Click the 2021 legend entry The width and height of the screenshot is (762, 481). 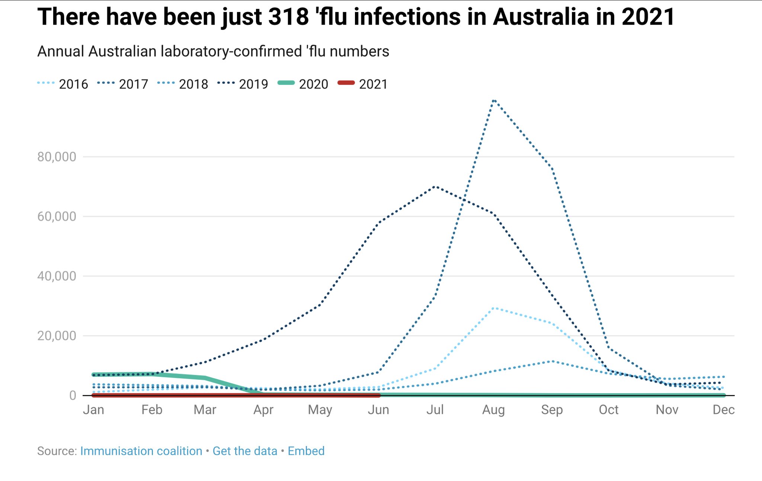tap(363, 84)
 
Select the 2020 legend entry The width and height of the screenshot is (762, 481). tap(303, 84)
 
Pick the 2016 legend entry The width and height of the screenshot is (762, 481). tap(63, 84)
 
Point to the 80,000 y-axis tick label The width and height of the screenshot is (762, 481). tap(57, 157)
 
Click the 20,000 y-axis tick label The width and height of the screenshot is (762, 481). tap(57, 336)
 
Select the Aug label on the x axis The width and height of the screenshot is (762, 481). tap(493, 410)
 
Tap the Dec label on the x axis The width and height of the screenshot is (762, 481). tap(723, 410)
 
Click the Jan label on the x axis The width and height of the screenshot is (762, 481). tap(93, 410)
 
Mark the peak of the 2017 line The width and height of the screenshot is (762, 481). tap(494, 100)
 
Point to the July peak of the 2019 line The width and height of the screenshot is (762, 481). tap(435, 186)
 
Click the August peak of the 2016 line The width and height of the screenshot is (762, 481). tap(494, 308)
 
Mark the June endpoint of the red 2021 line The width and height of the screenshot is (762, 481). tap(378, 395)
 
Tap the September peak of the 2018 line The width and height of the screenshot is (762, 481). tap(552, 361)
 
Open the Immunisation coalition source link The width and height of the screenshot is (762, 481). tap(141, 451)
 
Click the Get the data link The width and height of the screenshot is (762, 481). tap(245, 451)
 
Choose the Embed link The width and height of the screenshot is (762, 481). tap(306, 451)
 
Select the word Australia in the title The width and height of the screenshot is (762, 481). tap(541, 17)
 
